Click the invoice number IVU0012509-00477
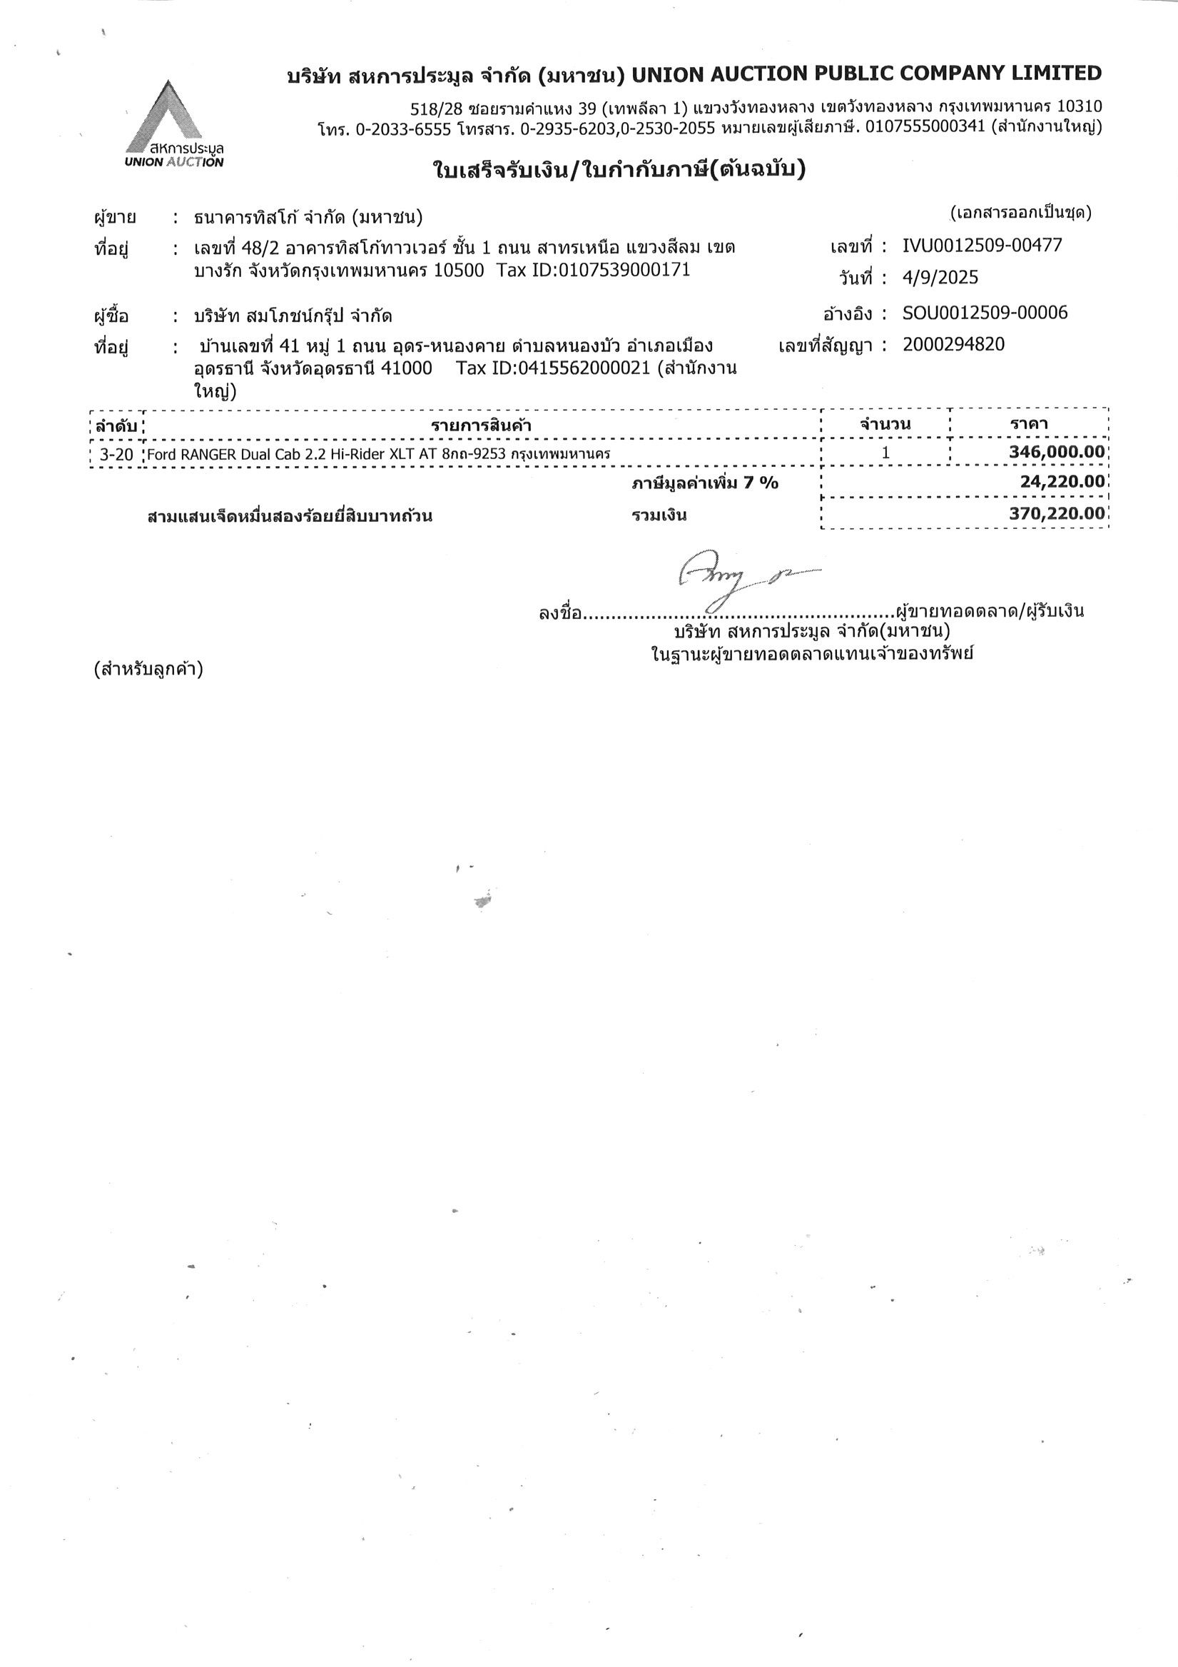pyautogui.click(x=982, y=246)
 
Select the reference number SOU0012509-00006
pyautogui.click(x=985, y=313)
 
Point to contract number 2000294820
pyautogui.click(x=953, y=344)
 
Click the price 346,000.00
pyautogui.click(x=1057, y=453)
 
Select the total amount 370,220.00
pyautogui.click(x=1057, y=514)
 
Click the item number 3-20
pyautogui.click(x=117, y=455)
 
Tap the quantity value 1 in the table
pyautogui.click(x=885, y=453)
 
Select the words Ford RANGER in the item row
pyautogui.click(x=191, y=455)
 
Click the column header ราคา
pyautogui.click(x=1029, y=424)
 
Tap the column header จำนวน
pyautogui.click(x=885, y=424)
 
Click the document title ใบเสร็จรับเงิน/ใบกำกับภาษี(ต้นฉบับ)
pyautogui.click(x=619, y=170)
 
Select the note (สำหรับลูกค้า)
pyautogui.click(x=148, y=669)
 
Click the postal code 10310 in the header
pyautogui.click(x=1080, y=106)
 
